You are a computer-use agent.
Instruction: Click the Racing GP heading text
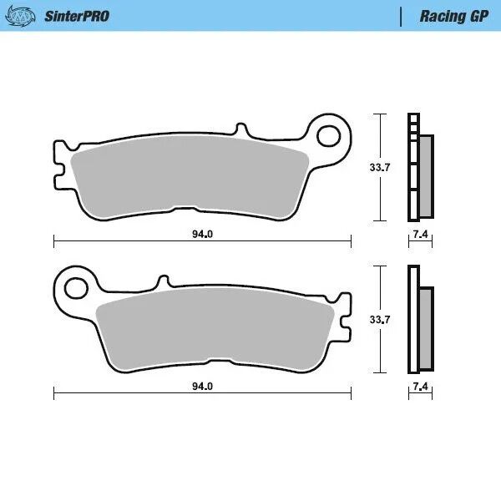(x=454, y=16)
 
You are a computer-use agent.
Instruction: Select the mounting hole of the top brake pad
(x=331, y=135)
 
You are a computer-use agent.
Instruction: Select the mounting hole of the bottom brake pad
(x=76, y=286)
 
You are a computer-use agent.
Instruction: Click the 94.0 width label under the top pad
(x=202, y=235)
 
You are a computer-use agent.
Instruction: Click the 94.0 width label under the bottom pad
(x=202, y=387)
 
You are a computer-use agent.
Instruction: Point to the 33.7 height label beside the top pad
(x=380, y=168)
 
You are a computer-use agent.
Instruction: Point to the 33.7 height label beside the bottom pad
(x=380, y=319)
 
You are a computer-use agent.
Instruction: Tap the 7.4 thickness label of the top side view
(x=420, y=235)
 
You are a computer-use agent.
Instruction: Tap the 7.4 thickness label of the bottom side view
(x=420, y=387)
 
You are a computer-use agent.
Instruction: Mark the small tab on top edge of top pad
(x=243, y=130)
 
